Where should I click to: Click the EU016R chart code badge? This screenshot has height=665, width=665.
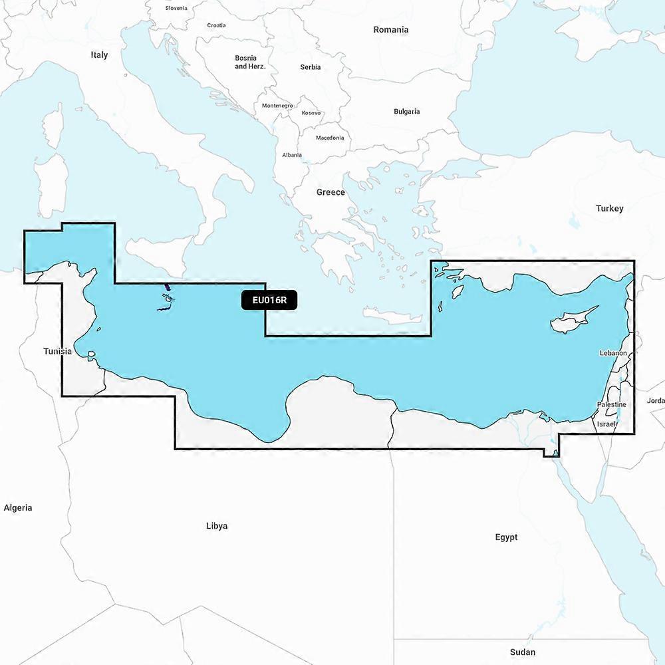(269, 300)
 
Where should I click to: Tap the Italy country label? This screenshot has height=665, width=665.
(99, 55)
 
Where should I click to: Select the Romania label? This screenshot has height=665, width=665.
(390, 30)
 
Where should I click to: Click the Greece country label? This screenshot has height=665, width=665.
(331, 192)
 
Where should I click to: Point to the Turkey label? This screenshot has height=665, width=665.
(609, 208)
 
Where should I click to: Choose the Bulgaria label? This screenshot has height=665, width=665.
(406, 112)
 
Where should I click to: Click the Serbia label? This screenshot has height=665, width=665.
(310, 67)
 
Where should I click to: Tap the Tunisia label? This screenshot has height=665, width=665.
(58, 351)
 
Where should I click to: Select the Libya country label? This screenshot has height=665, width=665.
(217, 526)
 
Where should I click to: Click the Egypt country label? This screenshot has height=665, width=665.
(506, 537)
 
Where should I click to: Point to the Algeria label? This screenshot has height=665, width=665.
(18, 508)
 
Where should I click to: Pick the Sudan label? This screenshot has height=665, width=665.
(522, 652)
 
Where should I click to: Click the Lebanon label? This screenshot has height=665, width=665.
(613, 353)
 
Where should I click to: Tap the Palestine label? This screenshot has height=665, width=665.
(610, 404)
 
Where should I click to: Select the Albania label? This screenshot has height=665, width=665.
(292, 155)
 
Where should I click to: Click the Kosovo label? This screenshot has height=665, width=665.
(311, 113)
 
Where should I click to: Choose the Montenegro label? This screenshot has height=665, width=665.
(277, 106)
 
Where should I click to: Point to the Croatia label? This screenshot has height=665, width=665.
(216, 25)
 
